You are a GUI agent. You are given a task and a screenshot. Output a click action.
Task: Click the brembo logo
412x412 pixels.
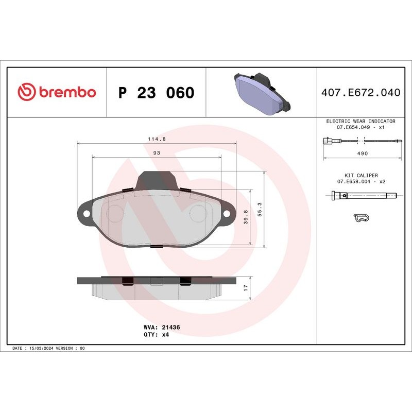point(57,93)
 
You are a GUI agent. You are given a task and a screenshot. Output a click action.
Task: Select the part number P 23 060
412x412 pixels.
point(156,93)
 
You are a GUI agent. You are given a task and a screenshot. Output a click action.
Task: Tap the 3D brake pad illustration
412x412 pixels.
point(261,93)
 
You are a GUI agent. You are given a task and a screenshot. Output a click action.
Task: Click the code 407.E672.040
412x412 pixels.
point(360,93)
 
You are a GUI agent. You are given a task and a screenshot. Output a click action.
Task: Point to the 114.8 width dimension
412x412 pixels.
point(157,139)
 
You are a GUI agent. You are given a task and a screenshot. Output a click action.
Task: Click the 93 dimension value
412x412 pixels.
point(157,153)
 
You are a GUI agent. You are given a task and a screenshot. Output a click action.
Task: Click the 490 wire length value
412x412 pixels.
point(362,153)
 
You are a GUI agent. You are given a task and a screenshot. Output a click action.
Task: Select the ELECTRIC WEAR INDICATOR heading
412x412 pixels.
point(361,121)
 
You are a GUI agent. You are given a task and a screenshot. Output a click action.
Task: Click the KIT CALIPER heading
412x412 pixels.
point(361,175)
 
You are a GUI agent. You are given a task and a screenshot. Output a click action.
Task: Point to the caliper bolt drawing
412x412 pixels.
point(364,195)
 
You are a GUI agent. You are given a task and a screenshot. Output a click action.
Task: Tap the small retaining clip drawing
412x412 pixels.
point(363,218)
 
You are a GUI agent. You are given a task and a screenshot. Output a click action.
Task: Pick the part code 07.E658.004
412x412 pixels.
point(355,182)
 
